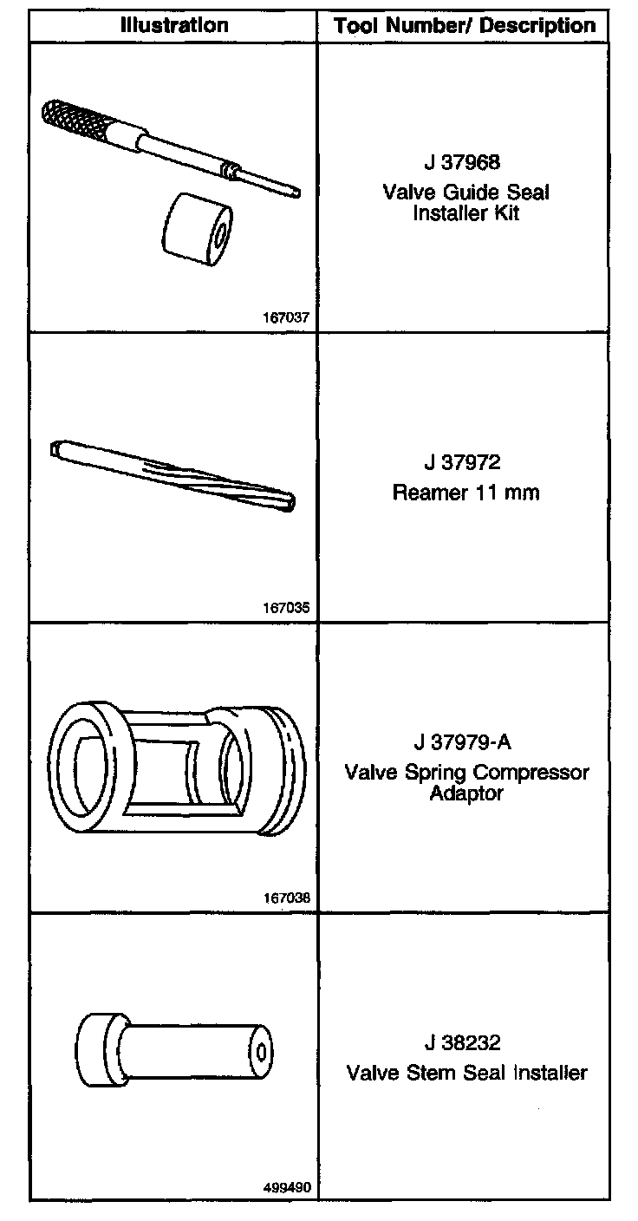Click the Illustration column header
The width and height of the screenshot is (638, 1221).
[173, 25]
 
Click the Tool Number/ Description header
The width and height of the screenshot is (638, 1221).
[465, 26]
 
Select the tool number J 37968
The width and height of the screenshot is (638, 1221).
[462, 162]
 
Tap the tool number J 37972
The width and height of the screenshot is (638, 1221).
[462, 462]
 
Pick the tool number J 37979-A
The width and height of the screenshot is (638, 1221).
[463, 741]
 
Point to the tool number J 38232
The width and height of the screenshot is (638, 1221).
[462, 1041]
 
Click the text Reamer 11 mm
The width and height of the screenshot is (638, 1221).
[465, 493]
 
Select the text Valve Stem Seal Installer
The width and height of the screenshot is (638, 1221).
[467, 1072]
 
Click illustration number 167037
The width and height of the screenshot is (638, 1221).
[286, 317]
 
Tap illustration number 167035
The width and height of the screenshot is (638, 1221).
[286, 607]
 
